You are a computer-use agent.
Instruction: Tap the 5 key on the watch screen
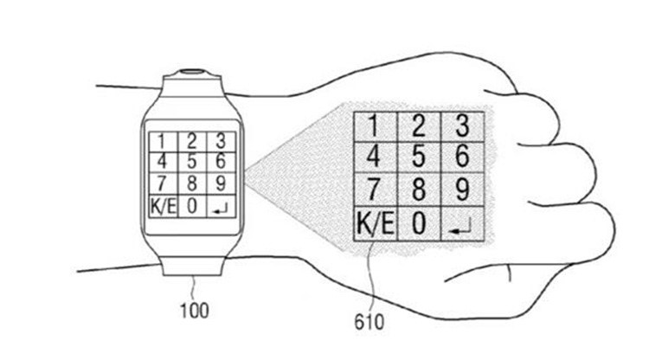(191, 162)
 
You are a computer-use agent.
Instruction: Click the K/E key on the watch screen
(163, 206)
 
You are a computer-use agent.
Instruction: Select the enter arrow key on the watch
(221, 206)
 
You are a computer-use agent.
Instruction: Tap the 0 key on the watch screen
(191, 206)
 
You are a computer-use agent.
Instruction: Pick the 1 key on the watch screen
(163, 142)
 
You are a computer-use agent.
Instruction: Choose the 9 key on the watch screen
(221, 184)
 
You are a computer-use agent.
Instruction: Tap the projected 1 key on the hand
(375, 126)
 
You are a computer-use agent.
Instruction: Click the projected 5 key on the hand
(419, 157)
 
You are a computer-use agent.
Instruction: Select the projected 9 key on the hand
(463, 190)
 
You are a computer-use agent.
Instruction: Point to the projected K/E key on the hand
(375, 223)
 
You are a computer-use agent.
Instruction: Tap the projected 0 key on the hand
(419, 223)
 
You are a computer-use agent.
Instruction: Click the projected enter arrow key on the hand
(463, 223)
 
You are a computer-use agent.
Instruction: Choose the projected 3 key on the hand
(463, 126)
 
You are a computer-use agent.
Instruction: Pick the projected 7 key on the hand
(375, 190)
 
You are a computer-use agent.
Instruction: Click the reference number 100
(194, 311)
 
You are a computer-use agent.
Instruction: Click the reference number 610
(369, 322)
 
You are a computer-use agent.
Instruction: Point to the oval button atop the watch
(194, 72)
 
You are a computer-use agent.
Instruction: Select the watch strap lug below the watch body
(192, 265)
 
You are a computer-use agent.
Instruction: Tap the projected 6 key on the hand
(463, 157)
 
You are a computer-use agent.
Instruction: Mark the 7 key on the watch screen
(163, 184)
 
